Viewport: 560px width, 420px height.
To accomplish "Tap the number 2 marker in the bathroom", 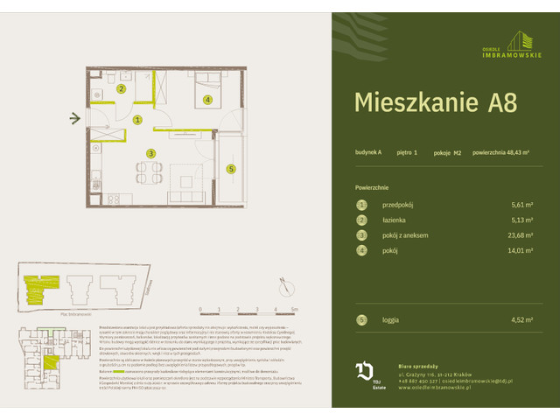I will coord(122,88).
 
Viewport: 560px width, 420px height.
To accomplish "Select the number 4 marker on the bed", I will coord(207,100).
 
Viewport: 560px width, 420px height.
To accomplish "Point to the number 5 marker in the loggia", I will coord(231,169).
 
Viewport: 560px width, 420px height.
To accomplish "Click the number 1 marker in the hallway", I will coord(138,120).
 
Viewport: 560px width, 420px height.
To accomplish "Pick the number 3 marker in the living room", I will coord(150,154).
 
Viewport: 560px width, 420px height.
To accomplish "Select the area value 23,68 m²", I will coord(523,235).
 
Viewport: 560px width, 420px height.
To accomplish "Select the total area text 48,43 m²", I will coord(502,152).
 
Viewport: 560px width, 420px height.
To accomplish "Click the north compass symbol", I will coord(283,281).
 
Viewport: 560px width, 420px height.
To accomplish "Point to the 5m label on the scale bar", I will coord(295,309).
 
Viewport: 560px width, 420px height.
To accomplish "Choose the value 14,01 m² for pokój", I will coord(523,251).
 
